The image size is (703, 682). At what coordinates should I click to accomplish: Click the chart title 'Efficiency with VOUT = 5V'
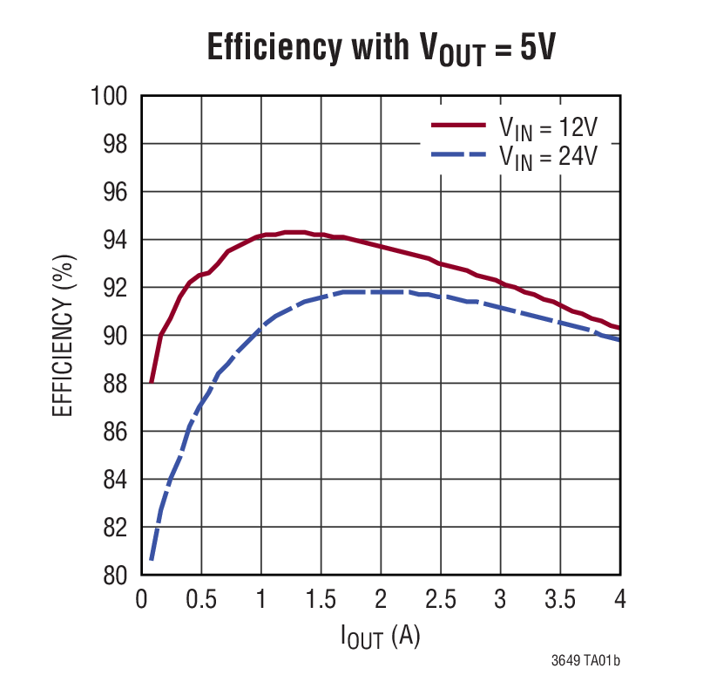pyautogui.click(x=381, y=46)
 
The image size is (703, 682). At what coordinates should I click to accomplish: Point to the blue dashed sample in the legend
pyautogui.click(x=457, y=154)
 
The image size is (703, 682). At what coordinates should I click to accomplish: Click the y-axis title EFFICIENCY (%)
pyautogui.click(x=64, y=335)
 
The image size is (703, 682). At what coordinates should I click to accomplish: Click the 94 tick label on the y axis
pyautogui.click(x=115, y=240)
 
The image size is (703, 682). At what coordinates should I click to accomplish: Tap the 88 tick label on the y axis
pyautogui.click(x=115, y=384)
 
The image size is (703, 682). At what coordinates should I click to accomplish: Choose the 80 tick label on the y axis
pyautogui.click(x=115, y=576)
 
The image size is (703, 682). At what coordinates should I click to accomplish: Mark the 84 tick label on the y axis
pyautogui.click(x=115, y=480)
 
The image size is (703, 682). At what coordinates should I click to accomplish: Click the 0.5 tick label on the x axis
pyautogui.click(x=201, y=600)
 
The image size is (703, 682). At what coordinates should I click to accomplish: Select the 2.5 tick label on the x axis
pyautogui.click(x=440, y=600)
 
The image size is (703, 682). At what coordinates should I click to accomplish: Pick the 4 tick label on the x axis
pyautogui.click(x=619, y=600)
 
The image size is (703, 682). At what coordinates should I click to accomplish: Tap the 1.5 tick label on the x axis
pyautogui.click(x=321, y=600)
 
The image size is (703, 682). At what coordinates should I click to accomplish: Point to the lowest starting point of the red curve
pyautogui.click(x=151, y=382)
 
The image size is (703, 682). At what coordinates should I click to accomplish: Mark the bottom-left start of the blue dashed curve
pyautogui.click(x=151, y=559)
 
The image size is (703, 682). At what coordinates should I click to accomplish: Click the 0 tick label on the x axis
pyautogui.click(x=142, y=600)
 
